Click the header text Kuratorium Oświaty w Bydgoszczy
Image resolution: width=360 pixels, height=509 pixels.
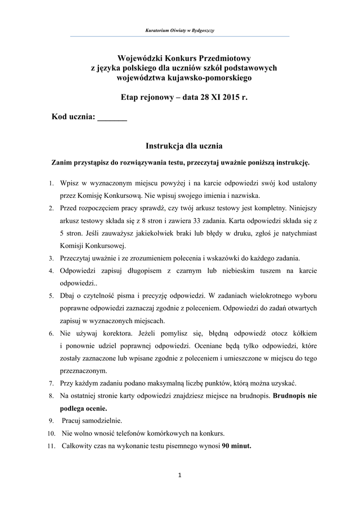point(180,31)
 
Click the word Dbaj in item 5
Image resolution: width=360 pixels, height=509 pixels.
point(68,296)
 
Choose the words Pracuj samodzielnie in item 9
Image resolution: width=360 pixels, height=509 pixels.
point(92,421)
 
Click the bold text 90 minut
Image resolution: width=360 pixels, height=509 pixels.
point(236,445)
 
